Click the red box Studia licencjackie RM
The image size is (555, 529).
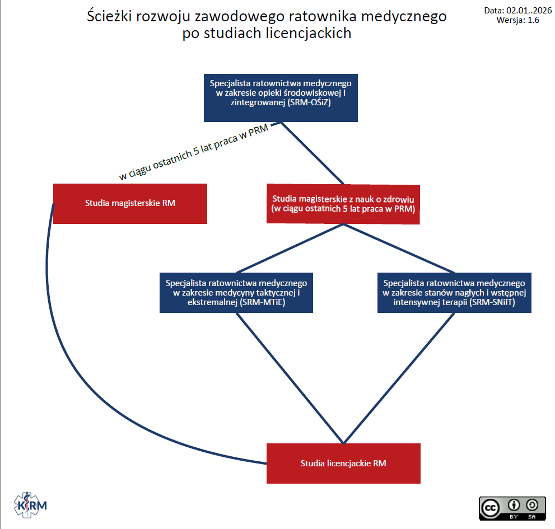click(343, 463)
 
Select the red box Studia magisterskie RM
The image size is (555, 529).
click(130, 203)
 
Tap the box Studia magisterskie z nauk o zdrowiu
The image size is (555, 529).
click(343, 204)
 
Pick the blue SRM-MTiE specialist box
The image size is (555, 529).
click(236, 293)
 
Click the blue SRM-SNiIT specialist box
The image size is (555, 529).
click(454, 293)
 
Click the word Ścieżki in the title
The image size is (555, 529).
click(110, 16)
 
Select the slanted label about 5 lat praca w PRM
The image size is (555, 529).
click(194, 152)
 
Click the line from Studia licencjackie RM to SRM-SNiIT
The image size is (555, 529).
click(398, 378)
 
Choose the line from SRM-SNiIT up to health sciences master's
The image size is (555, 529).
click(398, 249)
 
